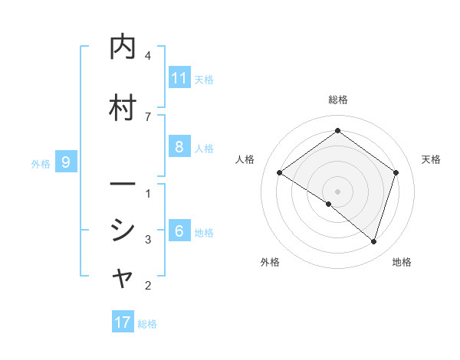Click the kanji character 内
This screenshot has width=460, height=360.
(x=123, y=47)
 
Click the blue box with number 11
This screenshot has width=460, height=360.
(x=179, y=78)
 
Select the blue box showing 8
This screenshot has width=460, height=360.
(x=179, y=147)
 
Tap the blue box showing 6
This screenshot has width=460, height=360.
(x=179, y=231)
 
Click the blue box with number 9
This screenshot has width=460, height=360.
(x=66, y=162)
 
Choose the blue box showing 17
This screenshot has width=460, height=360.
(x=123, y=322)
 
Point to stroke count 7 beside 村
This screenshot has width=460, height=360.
(x=148, y=116)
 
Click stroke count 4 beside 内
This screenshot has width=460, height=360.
(x=148, y=56)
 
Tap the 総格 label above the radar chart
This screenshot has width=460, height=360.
(x=337, y=100)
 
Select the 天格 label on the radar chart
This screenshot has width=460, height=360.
(x=431, y=159)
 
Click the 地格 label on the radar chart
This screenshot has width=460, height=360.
(x=402, y=262)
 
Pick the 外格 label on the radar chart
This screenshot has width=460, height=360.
(x=270, y=262)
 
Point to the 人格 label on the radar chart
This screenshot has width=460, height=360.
(x=245, y=159)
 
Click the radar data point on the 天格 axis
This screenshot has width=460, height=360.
(x=396, y=172)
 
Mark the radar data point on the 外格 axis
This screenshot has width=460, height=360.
(x=329, y=204)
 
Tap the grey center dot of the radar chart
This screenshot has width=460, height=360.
(x=337, y=191)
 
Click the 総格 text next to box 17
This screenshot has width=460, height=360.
(x=147, y=323)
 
